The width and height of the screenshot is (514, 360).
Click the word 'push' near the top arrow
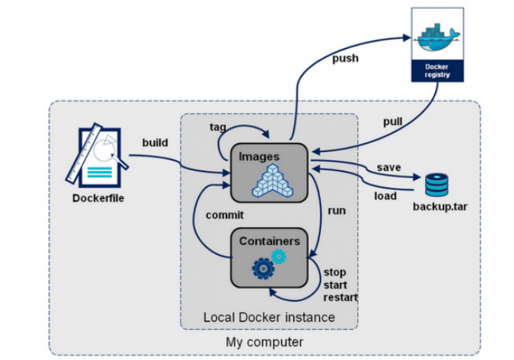coord(346,59)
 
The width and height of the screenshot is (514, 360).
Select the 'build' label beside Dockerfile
coord(155,143)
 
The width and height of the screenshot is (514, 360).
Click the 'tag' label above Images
coord(218,126)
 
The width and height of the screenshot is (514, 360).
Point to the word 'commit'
coord(225,215)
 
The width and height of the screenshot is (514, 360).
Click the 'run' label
coord(337,211)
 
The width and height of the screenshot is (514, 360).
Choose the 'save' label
coord(388,168)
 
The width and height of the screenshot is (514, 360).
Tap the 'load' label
coord(385,196)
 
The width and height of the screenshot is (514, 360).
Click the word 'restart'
coord(340,297)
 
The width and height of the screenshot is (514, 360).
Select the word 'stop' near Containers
coord(335,272)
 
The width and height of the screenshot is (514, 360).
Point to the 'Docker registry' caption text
coord(437,70)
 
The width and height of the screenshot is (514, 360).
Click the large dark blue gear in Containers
coord(263,268)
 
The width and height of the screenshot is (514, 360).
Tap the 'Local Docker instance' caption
coord(269,317)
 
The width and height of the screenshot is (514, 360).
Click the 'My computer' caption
coord(264,342)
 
